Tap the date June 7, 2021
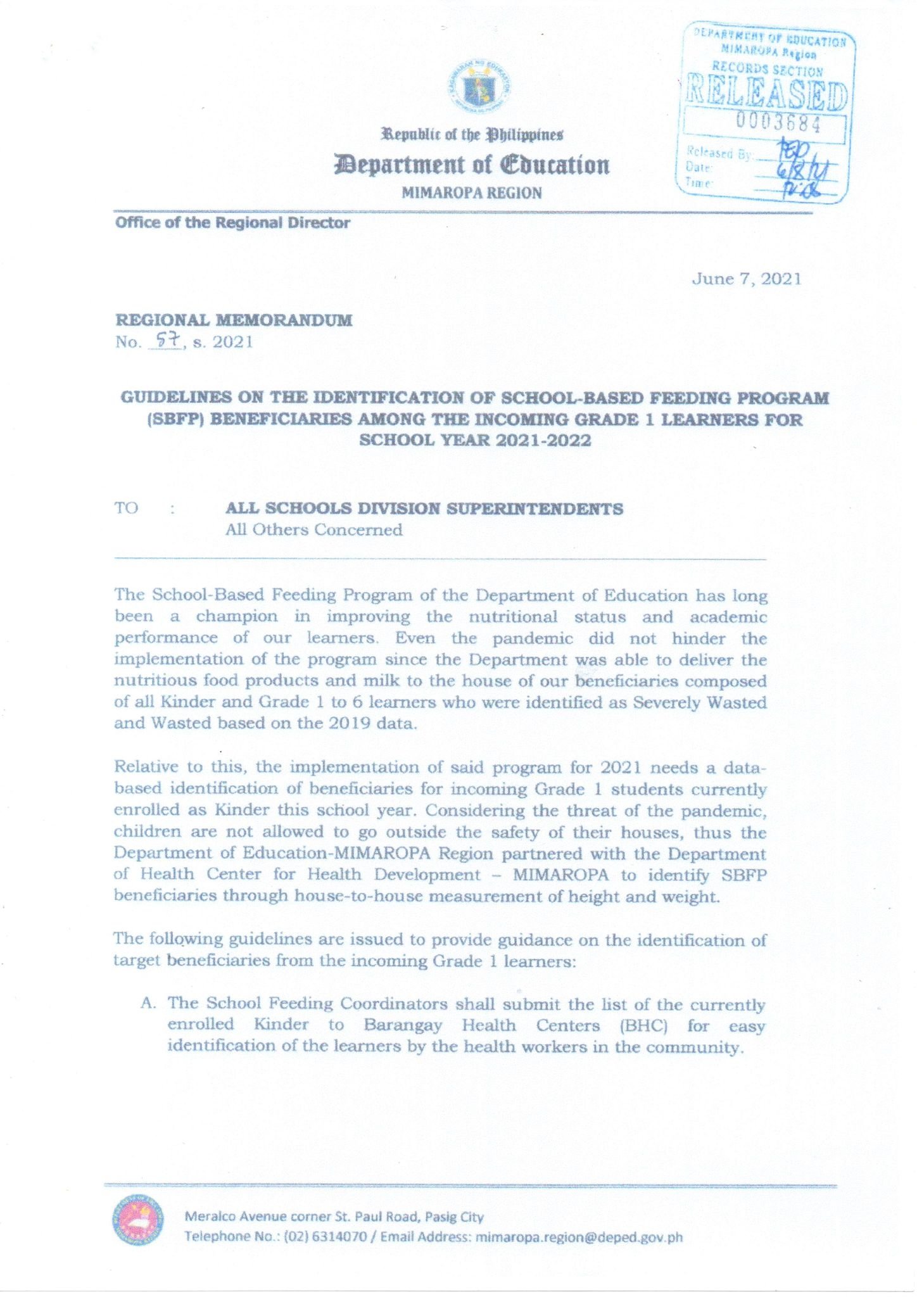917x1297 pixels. [x=747, y=279]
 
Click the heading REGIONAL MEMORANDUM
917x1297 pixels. [x=234, y=320]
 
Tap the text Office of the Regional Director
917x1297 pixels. [x=232, y=223]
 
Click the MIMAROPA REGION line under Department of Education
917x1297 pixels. [x=472, y=193]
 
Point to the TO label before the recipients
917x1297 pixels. [x=126, y=509]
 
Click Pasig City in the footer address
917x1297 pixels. [x=454, y=1217]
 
